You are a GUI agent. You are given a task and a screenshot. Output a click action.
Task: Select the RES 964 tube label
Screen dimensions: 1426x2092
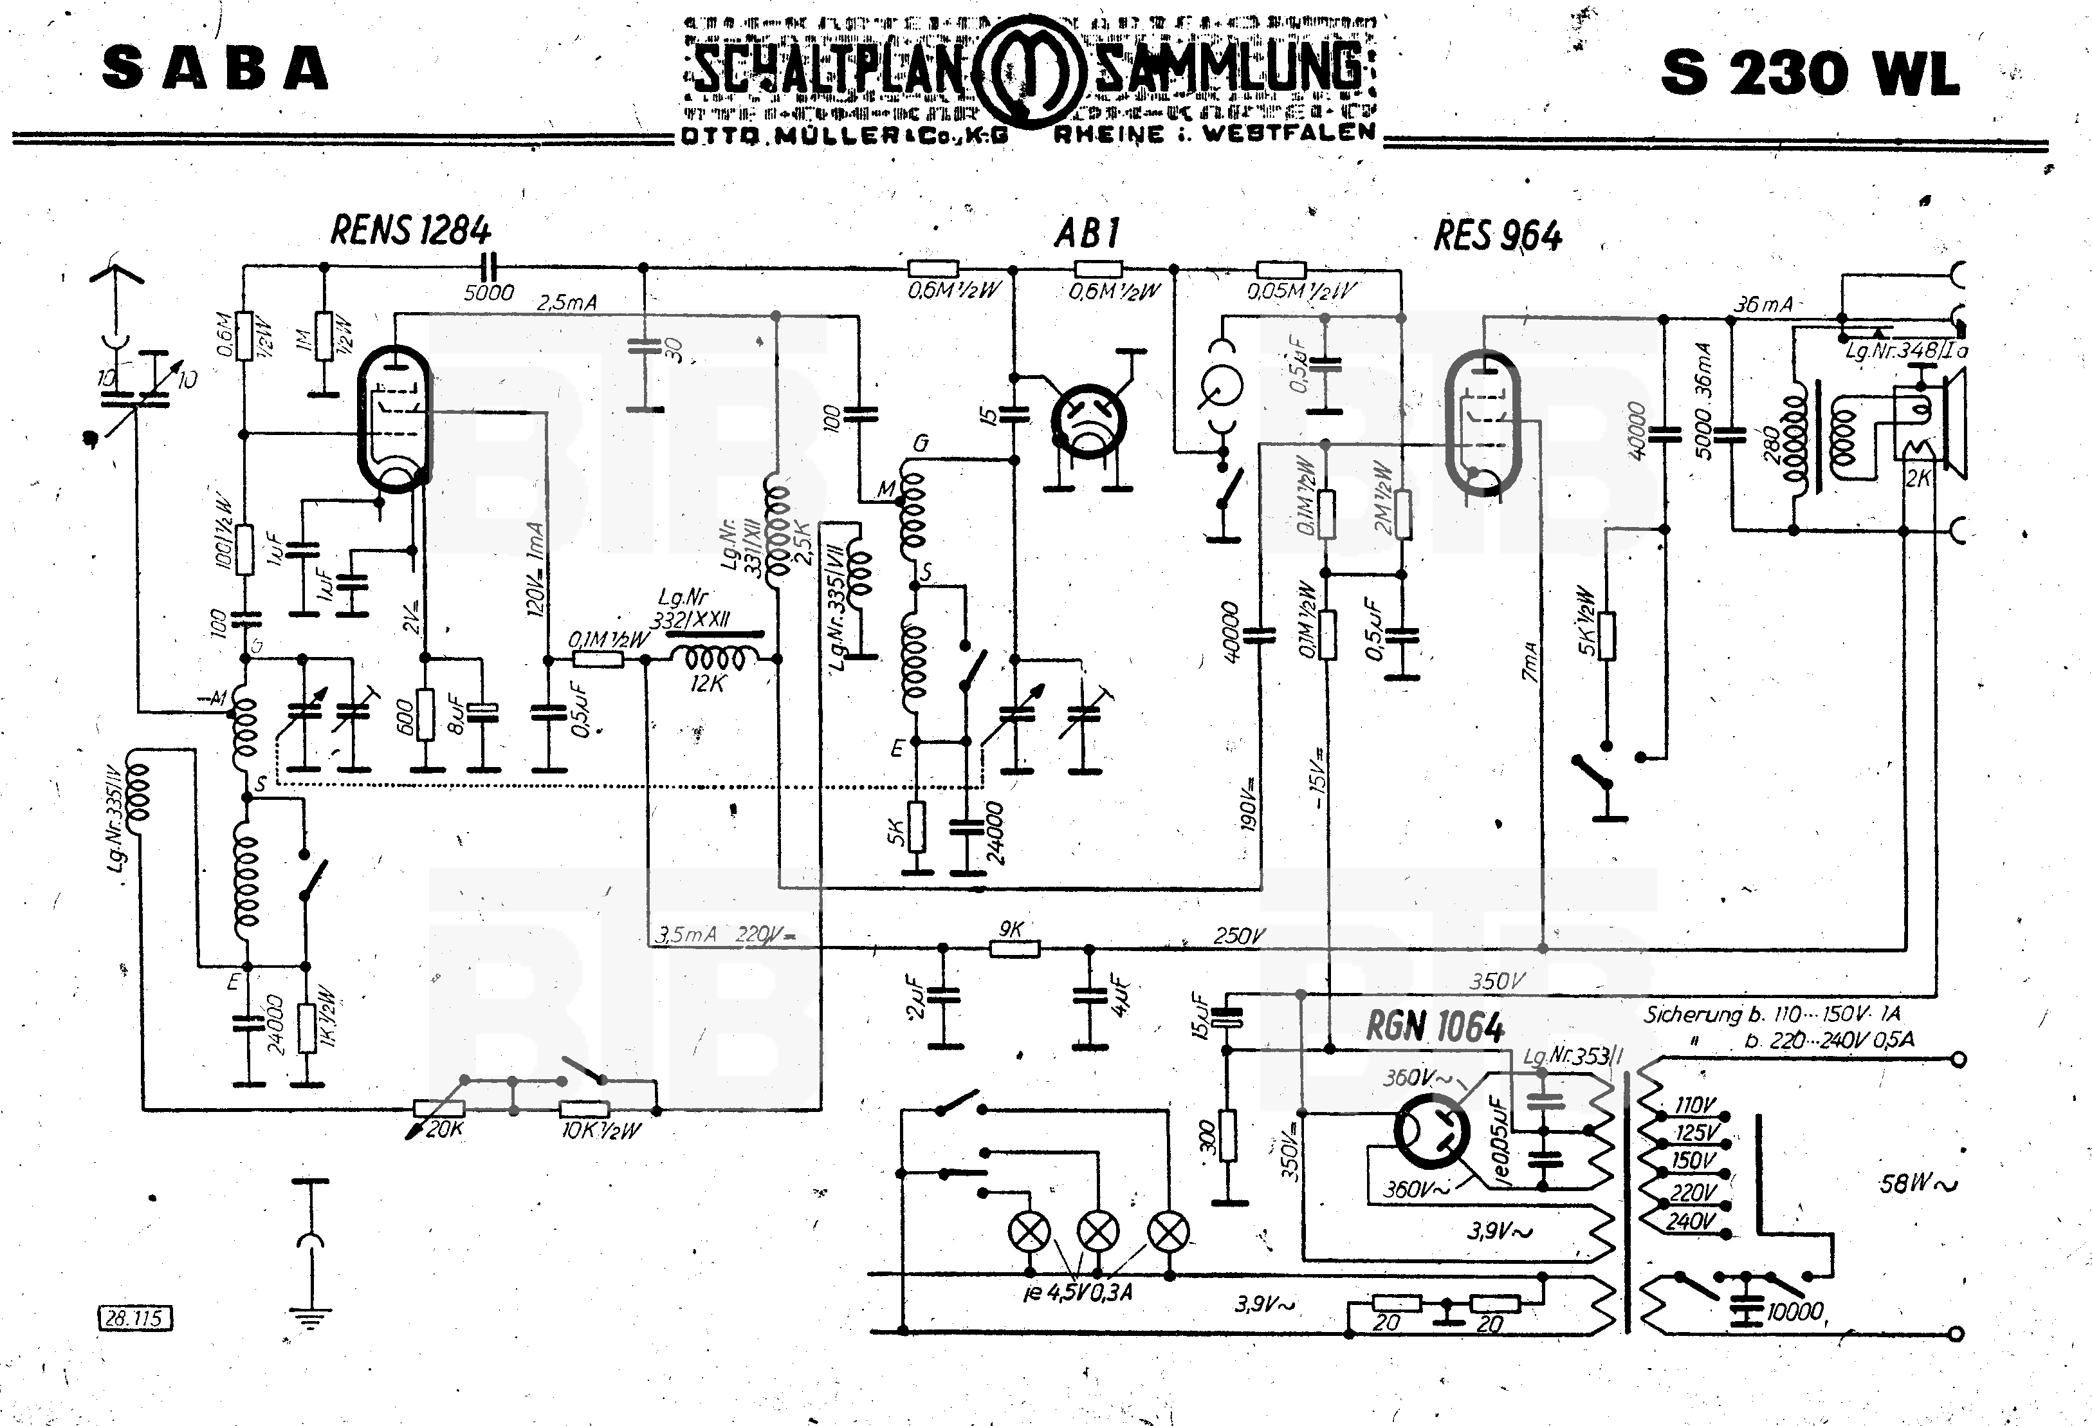click(1498, 236)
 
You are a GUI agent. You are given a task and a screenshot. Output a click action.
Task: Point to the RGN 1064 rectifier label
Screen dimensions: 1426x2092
click(1435, 1026)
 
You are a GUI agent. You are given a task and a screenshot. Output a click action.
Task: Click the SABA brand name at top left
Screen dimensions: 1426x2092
click(214, 70)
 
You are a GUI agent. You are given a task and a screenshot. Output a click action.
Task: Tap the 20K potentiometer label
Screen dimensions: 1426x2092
click(444, 1129)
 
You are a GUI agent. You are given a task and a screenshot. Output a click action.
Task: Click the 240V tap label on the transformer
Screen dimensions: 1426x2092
click(1691, 1221)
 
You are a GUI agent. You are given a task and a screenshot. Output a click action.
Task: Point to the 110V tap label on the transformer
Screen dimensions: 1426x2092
click(1695, 1106)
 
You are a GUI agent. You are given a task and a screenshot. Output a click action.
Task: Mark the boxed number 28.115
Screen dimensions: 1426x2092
click(133, 1319)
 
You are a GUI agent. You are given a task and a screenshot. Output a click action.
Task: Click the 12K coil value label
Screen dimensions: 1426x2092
click(706, 684)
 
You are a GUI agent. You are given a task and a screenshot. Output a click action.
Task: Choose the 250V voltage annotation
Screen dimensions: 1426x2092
click(1238, 936)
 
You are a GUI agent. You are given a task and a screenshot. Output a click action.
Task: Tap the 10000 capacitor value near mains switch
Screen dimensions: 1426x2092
click(1794, 1311)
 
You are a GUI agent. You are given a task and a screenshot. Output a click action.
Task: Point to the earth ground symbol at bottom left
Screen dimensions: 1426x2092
click(311, 1319)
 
